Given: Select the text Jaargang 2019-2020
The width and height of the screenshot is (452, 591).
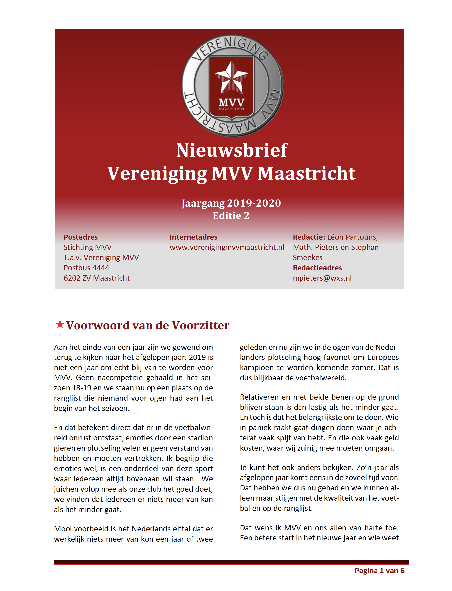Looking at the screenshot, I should (231, 203).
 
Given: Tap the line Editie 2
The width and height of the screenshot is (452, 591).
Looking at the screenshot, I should (231, 216).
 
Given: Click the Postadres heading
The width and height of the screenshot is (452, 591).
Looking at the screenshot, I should (80, 237).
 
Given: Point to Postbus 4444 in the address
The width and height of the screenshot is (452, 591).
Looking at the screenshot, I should (86, 268).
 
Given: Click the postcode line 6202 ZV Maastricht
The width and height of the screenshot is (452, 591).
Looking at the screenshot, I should (96, 278).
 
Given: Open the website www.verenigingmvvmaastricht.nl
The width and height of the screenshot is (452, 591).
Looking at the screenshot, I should (227, 247).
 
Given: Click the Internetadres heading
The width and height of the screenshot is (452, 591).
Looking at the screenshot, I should (193, 237).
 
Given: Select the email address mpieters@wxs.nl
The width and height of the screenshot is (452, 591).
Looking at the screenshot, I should (322, 278).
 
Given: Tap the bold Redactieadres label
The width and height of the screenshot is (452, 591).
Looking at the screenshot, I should (317, 268).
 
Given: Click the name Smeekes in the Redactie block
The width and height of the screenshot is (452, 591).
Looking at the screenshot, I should (307, 257).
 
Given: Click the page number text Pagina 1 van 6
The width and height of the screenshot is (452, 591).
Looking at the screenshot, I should (379, 570).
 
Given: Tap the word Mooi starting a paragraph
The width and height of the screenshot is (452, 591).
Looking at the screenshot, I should (63, 529).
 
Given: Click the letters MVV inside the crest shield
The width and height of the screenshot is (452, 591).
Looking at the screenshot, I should (231, 102).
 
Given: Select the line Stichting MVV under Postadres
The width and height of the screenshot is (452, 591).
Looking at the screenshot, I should (87, 247).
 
